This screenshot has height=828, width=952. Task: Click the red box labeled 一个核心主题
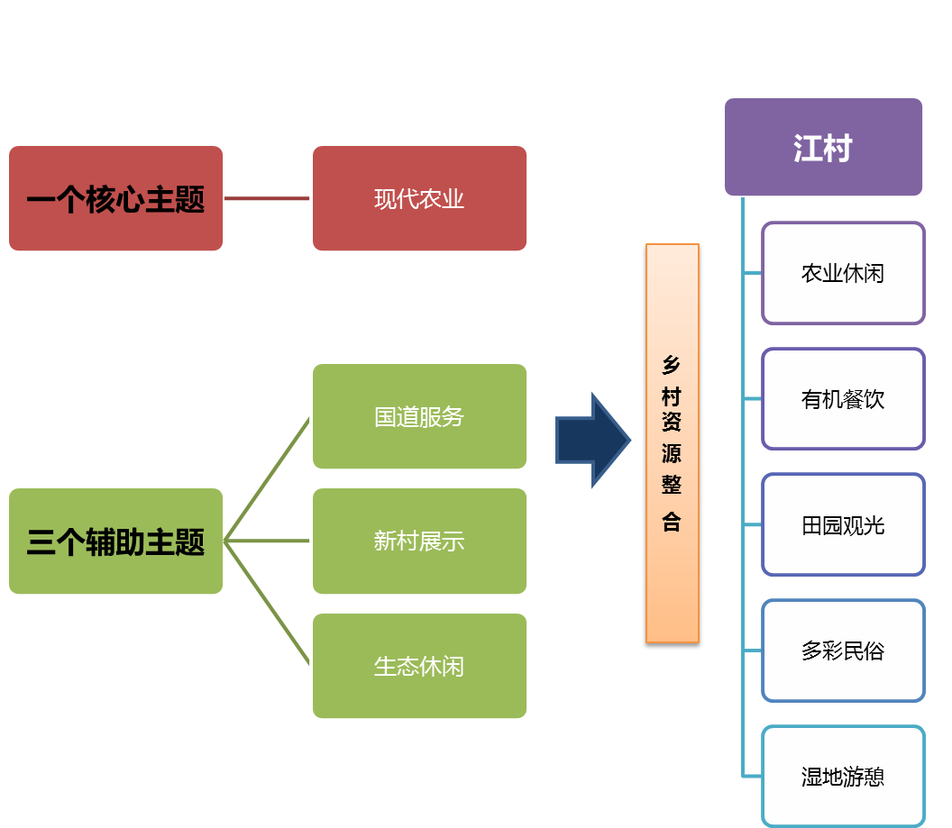(x=115, y=198)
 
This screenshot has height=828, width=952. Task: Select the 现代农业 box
(x=419, y=198)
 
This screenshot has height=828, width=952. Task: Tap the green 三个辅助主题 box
(x=115, y=541)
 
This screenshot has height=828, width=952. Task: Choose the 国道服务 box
(x=419, y=416)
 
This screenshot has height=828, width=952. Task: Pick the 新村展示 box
(x=419, y=541)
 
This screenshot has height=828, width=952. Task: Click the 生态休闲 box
(x=419, y=666)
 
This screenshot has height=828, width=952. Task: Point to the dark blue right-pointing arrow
(x=591, y=440)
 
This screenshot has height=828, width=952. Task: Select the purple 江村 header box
(x=823, y=147)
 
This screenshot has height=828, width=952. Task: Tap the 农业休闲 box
(x=843, y=273)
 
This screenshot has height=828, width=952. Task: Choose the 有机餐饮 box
(x=843, y=398)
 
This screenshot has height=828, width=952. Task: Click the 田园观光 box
(x=843, y=524)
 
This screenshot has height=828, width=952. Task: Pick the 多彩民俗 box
(x=843, y=651)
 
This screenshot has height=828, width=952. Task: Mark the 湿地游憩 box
(x=843, y=776)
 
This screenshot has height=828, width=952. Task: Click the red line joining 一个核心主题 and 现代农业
(x=268, y=198)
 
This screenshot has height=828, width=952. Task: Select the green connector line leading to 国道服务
(x=268, y=479)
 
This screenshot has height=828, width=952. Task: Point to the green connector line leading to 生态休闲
(x=268, y=604)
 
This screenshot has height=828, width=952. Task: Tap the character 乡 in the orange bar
(x=672, y=365)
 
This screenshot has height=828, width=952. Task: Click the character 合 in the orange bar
(x=672, y=523)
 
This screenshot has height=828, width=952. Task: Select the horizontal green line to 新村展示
(x=268, y=541)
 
